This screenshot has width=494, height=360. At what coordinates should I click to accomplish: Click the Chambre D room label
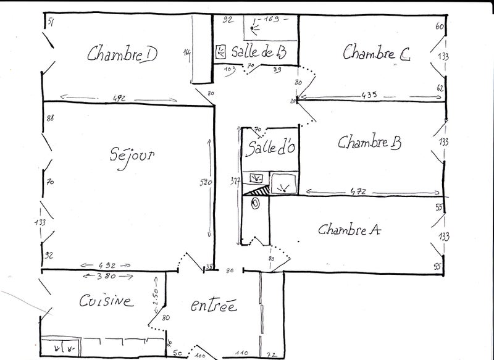coord(122,54)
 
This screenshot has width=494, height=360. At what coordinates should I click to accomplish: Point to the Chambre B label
coord(370,143)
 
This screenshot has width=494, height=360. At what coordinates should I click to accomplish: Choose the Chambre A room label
coord(349,230)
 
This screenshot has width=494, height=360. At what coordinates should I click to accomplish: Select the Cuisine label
coord(106,301)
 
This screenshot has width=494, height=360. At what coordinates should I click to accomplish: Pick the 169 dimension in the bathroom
coord(272,19)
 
